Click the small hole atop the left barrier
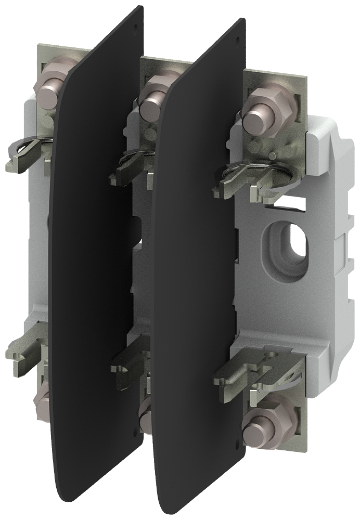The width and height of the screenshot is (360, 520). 136,24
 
